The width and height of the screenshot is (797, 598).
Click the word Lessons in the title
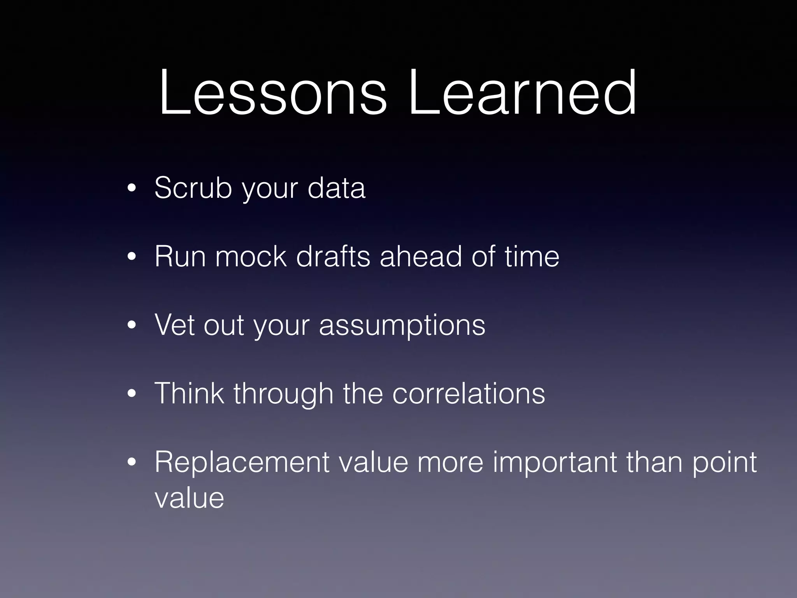[x=272, y=93]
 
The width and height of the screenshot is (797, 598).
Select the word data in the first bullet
[x=336, y=188]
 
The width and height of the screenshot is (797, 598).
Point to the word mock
[x=251, y=257]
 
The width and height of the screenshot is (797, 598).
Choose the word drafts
[x=333, y=257]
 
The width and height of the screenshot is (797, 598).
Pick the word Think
[x=189, y=393]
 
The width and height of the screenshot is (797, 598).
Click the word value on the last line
[x=189, y=498]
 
